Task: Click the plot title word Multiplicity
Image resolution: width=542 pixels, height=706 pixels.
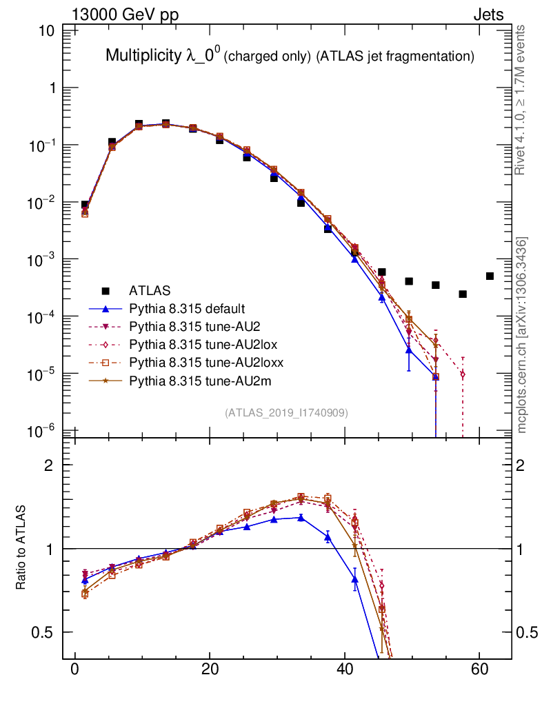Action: tap(143, 56)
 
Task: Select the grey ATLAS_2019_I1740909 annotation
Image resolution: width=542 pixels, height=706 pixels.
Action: tap(286, 413)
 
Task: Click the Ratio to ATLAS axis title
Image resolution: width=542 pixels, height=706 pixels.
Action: tap(21, 548)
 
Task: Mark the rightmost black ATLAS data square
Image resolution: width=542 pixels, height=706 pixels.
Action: tap(490, 276)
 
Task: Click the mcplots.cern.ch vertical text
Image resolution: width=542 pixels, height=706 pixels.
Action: tap(522, 335)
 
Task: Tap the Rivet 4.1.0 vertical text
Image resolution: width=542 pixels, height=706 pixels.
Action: tap(521, 100)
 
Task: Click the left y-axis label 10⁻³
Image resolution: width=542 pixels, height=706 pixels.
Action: tap(44, 259)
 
